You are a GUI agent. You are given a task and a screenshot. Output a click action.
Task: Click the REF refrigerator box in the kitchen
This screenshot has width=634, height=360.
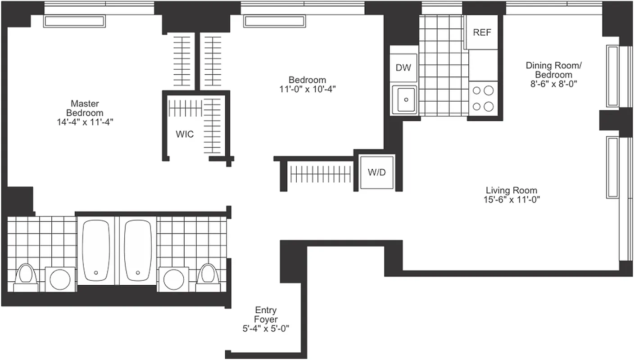[x=481, y=32]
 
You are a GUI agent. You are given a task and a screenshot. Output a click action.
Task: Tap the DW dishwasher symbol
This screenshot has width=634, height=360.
[x=403, y=68]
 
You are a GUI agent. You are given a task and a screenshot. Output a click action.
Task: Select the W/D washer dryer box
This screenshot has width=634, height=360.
[x=377, y=172]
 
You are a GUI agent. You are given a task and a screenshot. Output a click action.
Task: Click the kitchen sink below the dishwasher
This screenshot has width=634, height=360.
[x=405, y=99]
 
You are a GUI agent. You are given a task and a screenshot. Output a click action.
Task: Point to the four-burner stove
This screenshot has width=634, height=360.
[x=483, y=99]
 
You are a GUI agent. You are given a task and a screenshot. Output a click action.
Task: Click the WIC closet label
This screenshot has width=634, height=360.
[x=185, y=134]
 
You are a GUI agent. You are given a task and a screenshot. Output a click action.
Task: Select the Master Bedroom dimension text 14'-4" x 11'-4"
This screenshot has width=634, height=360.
[x=85, y=122]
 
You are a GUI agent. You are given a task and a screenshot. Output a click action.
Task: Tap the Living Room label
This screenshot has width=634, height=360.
[x=511, y=190]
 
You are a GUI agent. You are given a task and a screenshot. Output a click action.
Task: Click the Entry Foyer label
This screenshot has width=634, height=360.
[x=266, y=315]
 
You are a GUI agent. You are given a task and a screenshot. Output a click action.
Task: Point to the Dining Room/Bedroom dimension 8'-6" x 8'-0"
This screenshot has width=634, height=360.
[x=553, y=83]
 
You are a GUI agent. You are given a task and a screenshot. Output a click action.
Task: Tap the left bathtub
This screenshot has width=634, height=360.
[x=96, y=250]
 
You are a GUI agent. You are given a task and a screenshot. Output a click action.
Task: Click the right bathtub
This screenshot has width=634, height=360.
[x=138, y=250]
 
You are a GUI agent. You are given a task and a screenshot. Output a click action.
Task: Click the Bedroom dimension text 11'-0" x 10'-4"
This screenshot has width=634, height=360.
[x=307, y=89]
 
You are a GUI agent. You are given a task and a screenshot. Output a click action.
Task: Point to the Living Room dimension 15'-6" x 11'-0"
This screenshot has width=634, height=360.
[x=511, y=200]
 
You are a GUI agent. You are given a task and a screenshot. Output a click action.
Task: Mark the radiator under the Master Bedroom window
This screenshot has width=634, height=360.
[x=74, y=21]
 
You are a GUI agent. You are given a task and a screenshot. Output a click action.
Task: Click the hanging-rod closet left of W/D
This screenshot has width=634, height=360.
[x=320, y=174]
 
